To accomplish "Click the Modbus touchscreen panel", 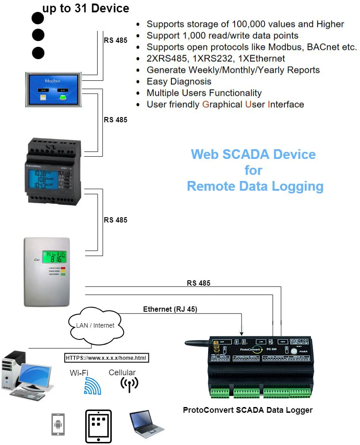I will (x=54, y=90).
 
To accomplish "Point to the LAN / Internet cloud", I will (x=95, y=326).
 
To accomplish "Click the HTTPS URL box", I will (x=107, y=358).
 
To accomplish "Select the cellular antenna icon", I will (x=129, y=385).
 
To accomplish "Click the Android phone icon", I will (x=58, y=425).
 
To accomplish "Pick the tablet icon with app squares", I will (x=98, y=426).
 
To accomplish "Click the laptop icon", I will (x=145, y=424).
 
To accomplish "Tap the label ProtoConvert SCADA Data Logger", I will (x=247, y=410).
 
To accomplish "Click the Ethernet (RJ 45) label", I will (x=170, y=309).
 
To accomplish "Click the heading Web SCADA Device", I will (x=253, y=155).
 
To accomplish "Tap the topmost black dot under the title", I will (x=38, y=19).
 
